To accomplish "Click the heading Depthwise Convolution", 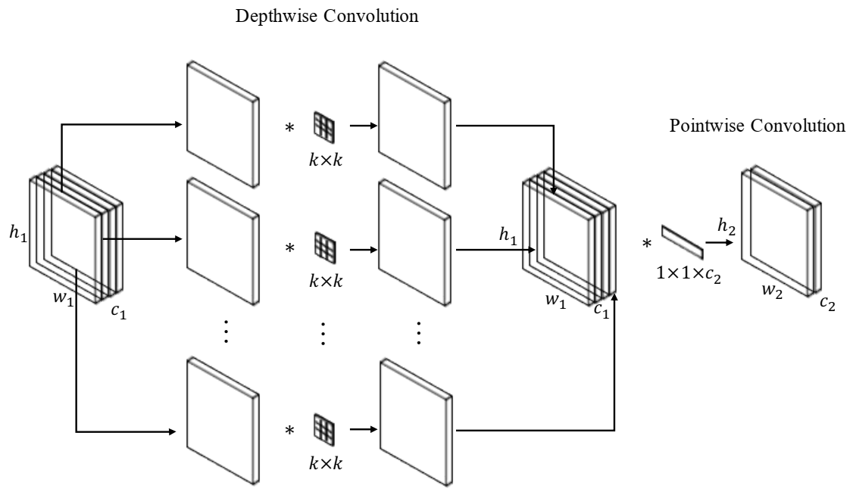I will click(327, 17).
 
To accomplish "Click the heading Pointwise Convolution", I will click(757, 126).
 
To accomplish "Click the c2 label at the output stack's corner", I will click(828, 307).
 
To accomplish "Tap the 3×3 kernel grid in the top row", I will click(324, 125).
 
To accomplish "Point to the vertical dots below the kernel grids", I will click(323, 333).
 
